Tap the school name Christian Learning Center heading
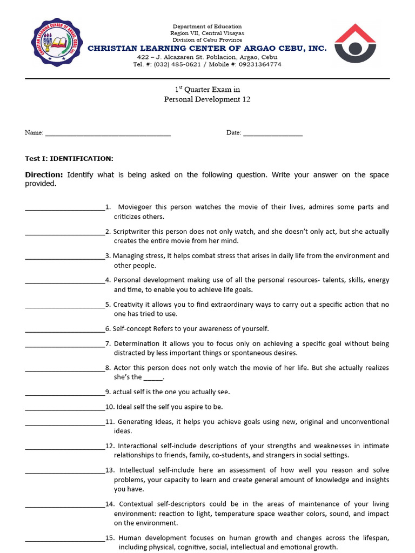(207, 49)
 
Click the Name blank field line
(108, 133)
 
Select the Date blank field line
(273, 133)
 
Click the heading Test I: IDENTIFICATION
(69, 158)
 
